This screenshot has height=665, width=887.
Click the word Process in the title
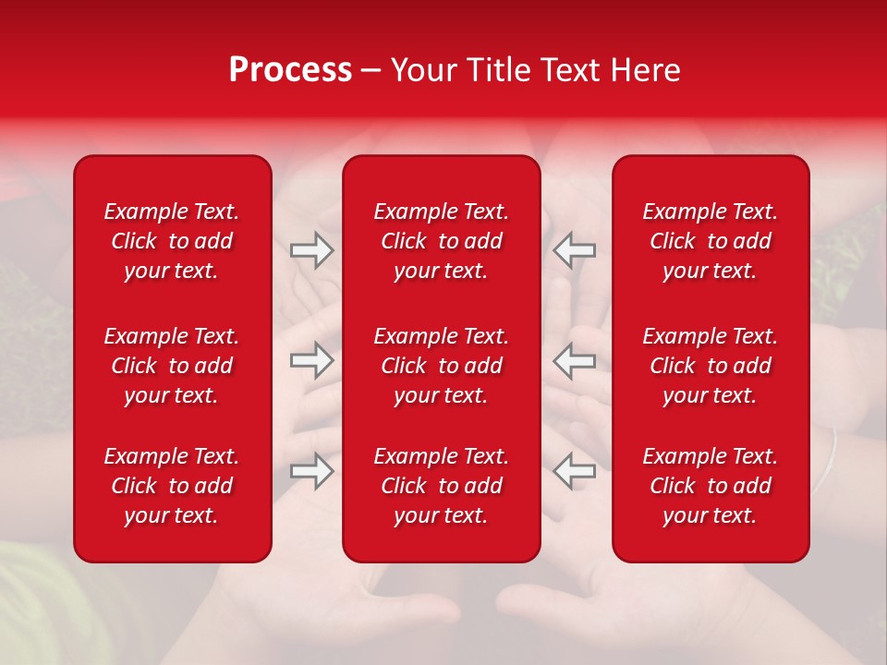[x=290, y=70]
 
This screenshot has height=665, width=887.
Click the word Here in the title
[x=645, y=70]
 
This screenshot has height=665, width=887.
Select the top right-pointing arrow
[x=311, y=250]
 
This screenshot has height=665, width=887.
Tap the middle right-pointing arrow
[x=311, y=360]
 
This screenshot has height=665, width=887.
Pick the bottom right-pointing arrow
[x=311, y=470]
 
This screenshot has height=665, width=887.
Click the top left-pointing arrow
[x=574, y=250]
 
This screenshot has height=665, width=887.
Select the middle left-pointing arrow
[x=574, y=360]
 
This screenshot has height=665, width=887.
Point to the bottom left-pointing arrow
[x=574, y=470]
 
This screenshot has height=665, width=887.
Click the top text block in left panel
[x=172, y=241]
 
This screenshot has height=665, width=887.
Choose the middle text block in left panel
[x=172, y=366]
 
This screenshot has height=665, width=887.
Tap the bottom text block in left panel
[x=172, y=486]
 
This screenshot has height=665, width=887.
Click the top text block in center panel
[x=441, y=241]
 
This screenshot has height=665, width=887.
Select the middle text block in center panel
[x=441, y=366]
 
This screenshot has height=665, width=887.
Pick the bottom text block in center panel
[x=441, y=486]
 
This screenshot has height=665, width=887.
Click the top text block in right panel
[x=710, y=241]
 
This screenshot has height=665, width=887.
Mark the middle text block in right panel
[x=710, y=366]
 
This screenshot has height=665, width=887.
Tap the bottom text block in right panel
[x=710, y=486]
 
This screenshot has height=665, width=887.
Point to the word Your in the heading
[x=424, y=70]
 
